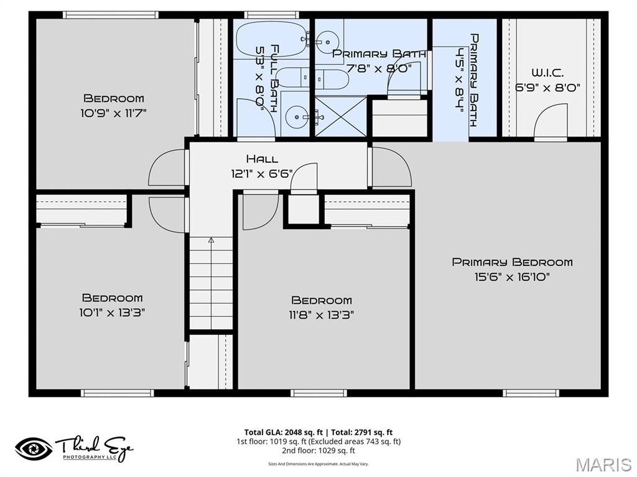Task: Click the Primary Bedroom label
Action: (x=512, y=262)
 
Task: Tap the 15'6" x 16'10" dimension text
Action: (x=512, y=277)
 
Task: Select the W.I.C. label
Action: (x=547, y=73)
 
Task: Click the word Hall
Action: (x=262, y=159)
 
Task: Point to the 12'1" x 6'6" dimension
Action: (x=262, y=175)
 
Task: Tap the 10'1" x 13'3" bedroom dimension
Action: (x=113, y=313)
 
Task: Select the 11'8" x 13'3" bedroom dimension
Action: (x=322, y=315)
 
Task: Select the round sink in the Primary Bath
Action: (x=326, y=42)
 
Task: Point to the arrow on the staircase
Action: (x=211, y=239)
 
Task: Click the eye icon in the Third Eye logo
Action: (x=34, y=448)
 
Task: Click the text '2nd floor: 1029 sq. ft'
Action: (x=318, y=451)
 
